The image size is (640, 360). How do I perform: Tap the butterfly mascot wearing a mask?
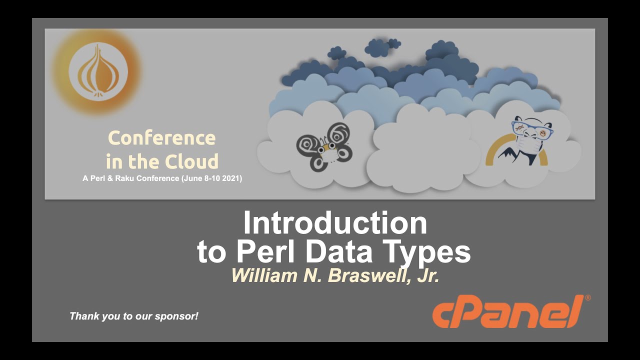pos(323,148)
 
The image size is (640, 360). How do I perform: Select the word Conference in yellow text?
pos(161,137)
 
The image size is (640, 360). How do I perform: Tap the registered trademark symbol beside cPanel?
pos(587,298)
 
